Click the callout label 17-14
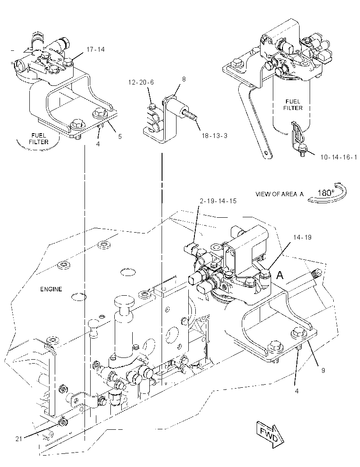tap(95, 50)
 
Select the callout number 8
tap(184, 79)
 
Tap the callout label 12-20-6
tap(141, 82)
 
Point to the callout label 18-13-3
tap(215, 136)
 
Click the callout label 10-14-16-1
tap(339, 157)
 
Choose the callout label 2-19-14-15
tap(218, 201)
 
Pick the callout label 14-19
tap(302, 237)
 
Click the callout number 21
tap(19, 439)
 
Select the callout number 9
tap(323, 371)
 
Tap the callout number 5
tap(120, 137)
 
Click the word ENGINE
tap(51, 289)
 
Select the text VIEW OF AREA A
tap(279, 194)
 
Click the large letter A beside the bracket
tap(280, 276)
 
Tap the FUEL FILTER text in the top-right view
tap(293, 105)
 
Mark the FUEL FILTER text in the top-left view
tap(39, 139)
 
